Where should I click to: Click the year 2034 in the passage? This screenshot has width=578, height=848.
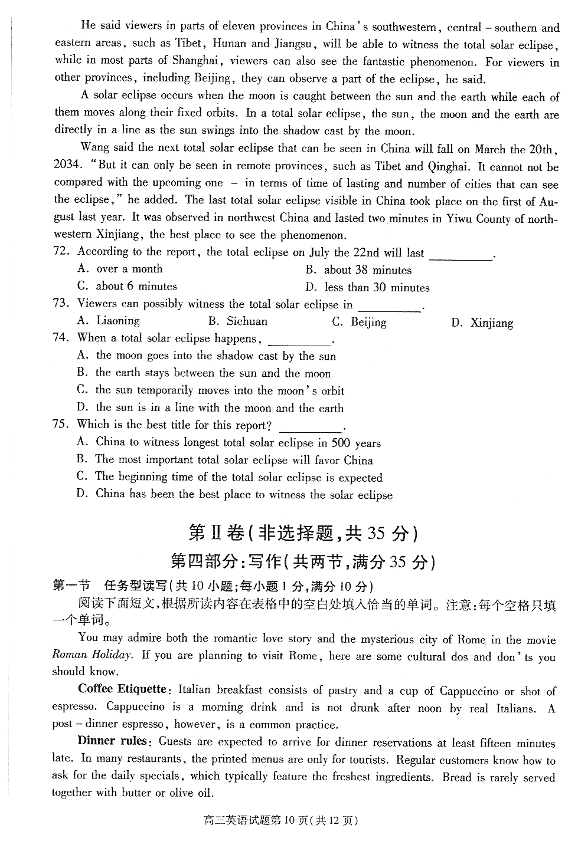[x=66, y=165]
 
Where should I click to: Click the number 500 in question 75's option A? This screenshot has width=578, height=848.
[x=341, y=443]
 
